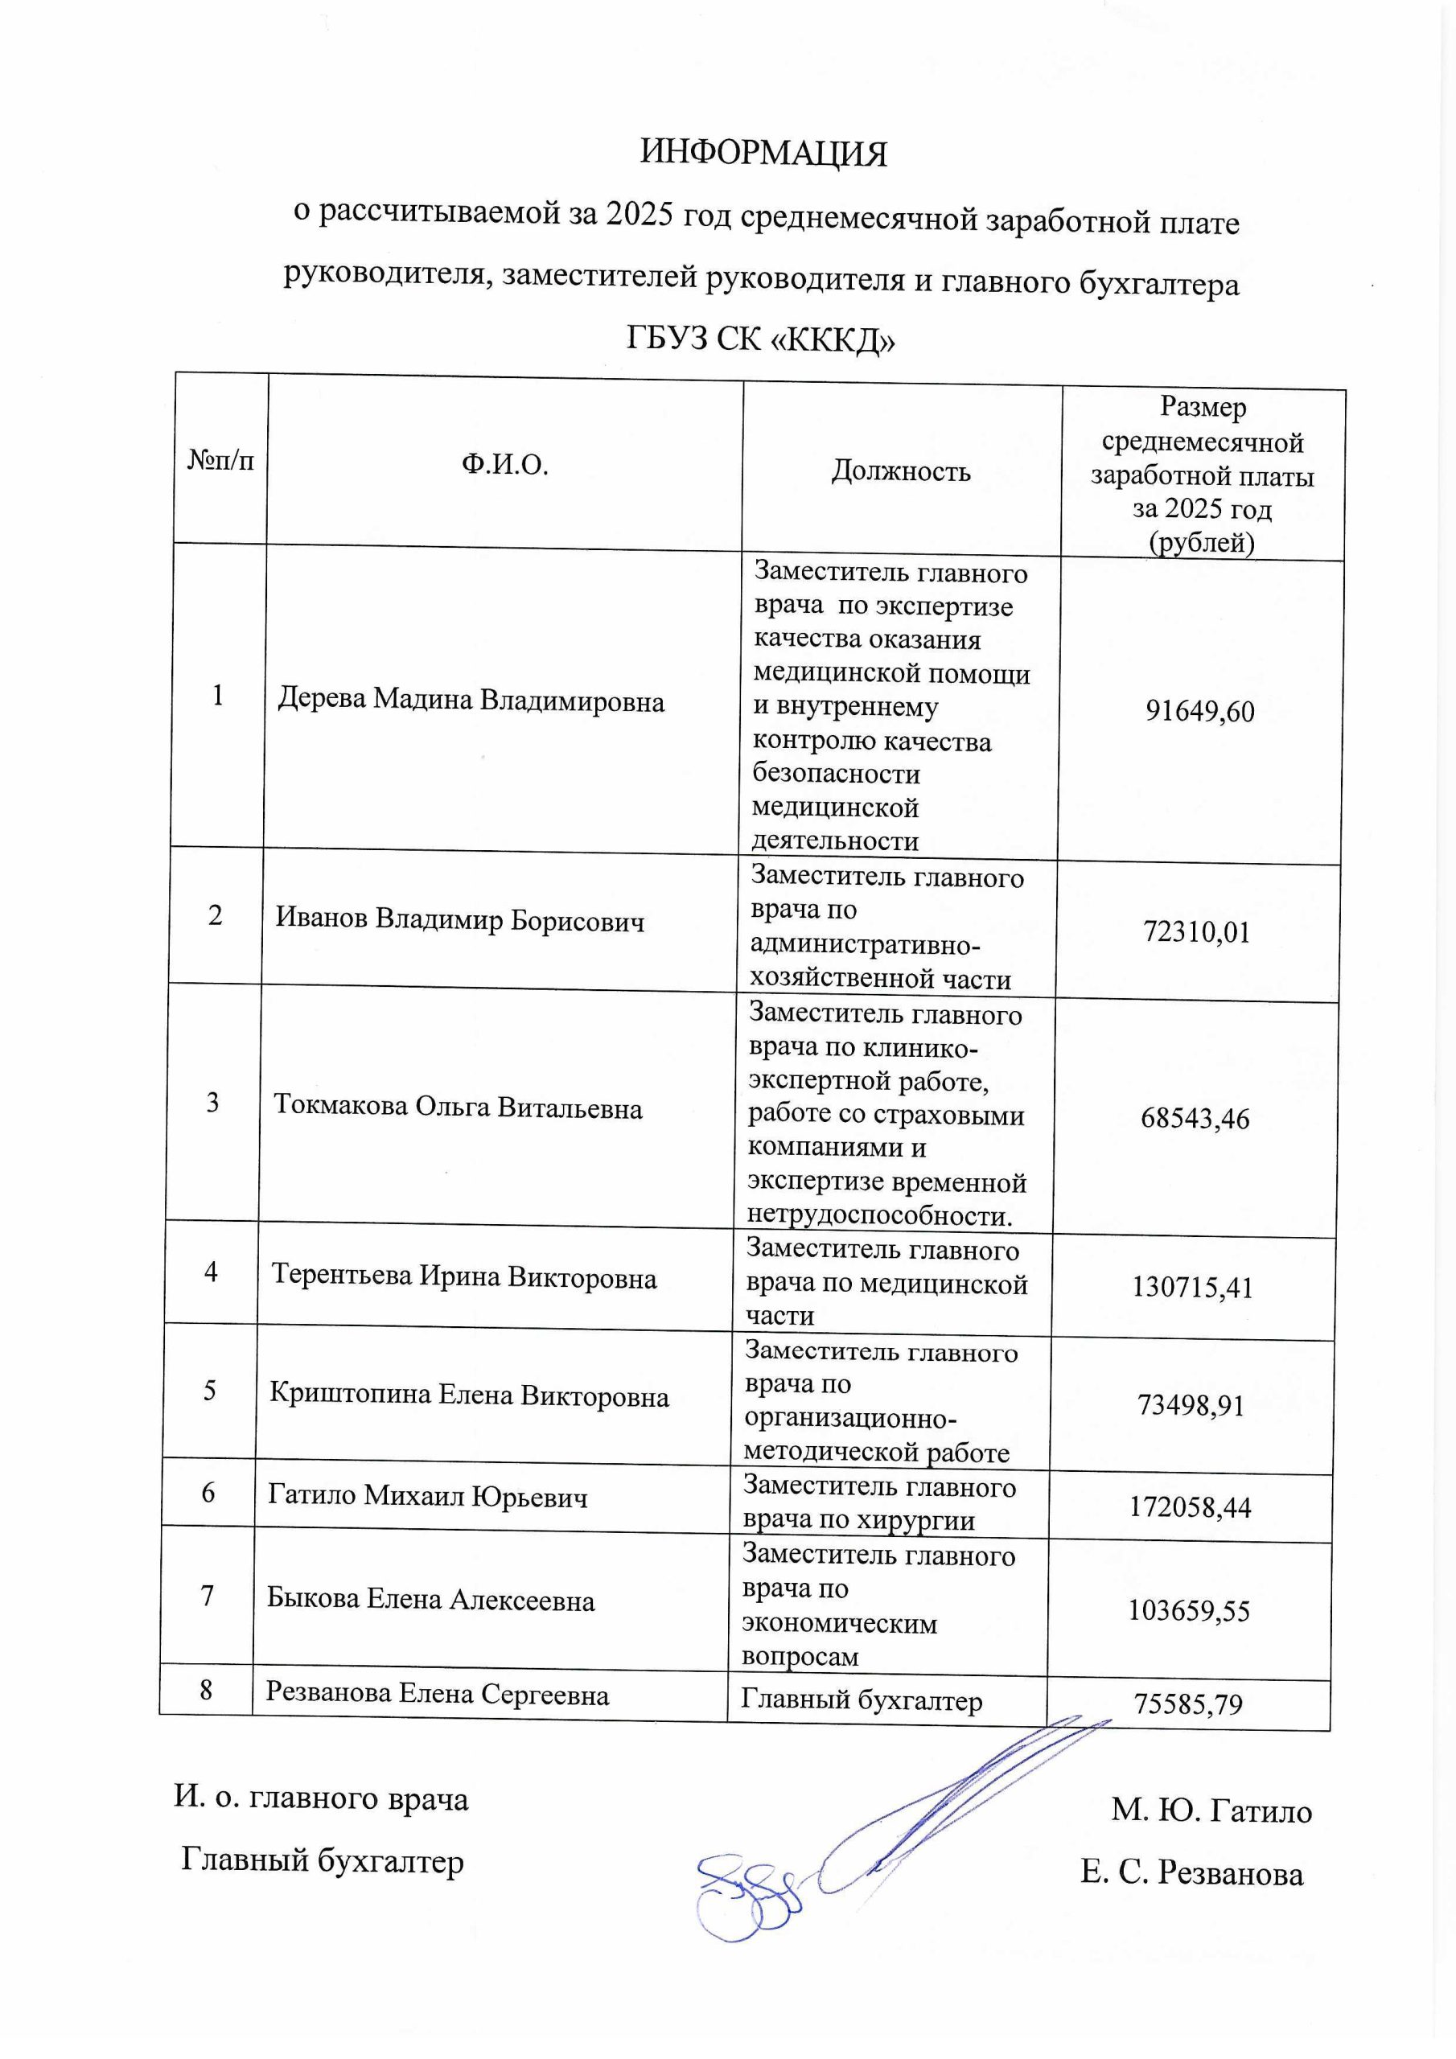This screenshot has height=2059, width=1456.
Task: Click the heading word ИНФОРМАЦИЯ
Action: tap(763, 154)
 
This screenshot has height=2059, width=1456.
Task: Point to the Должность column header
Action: tap(901, 471)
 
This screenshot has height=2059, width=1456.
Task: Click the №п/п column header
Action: tap(220, 460)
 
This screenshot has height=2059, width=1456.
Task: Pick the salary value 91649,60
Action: tap(1199, 711)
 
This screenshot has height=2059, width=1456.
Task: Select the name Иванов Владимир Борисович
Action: tap(459, 919)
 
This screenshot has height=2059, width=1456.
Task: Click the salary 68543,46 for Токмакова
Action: tap(1195, 1118)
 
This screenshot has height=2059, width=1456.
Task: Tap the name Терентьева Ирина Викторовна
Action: tap(464, 1276)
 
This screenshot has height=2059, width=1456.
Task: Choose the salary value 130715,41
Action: tap(1192, 1288)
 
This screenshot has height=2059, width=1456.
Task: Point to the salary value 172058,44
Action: tap(1190, 1506)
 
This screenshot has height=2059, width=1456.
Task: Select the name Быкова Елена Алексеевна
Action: tap(430, 1600)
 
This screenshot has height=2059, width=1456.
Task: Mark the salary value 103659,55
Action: tap(1189, 1611)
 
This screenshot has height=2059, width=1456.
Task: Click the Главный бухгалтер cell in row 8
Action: tap(862, 1701)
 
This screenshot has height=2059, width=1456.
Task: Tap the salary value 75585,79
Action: tap(1189, 1704)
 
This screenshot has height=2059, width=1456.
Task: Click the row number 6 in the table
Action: tap(208, 1493)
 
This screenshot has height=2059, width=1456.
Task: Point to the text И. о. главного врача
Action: tap(321, 1799)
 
